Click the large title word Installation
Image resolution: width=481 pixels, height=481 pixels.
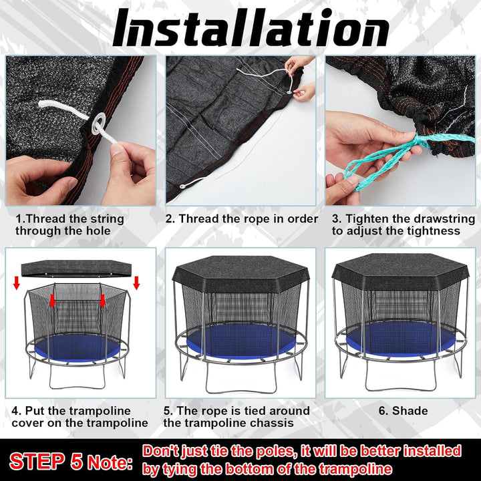(251, 27)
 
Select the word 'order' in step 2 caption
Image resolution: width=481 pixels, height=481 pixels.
(303, 219)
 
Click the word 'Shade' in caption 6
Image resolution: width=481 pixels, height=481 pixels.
(410, 411)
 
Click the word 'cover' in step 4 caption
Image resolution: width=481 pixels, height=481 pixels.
(27, 424)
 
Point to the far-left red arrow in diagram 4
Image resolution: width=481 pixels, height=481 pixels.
(17, 283)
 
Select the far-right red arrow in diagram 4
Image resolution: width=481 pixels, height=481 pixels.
(136, 283)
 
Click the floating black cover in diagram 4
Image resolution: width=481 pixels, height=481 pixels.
(76, 269)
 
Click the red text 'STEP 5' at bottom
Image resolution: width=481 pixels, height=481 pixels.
(46, 461)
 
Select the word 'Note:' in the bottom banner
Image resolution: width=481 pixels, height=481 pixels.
(110, 462)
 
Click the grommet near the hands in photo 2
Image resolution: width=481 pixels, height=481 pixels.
(289, 92)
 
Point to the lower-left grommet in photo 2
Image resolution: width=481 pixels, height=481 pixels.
(183, 186)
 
